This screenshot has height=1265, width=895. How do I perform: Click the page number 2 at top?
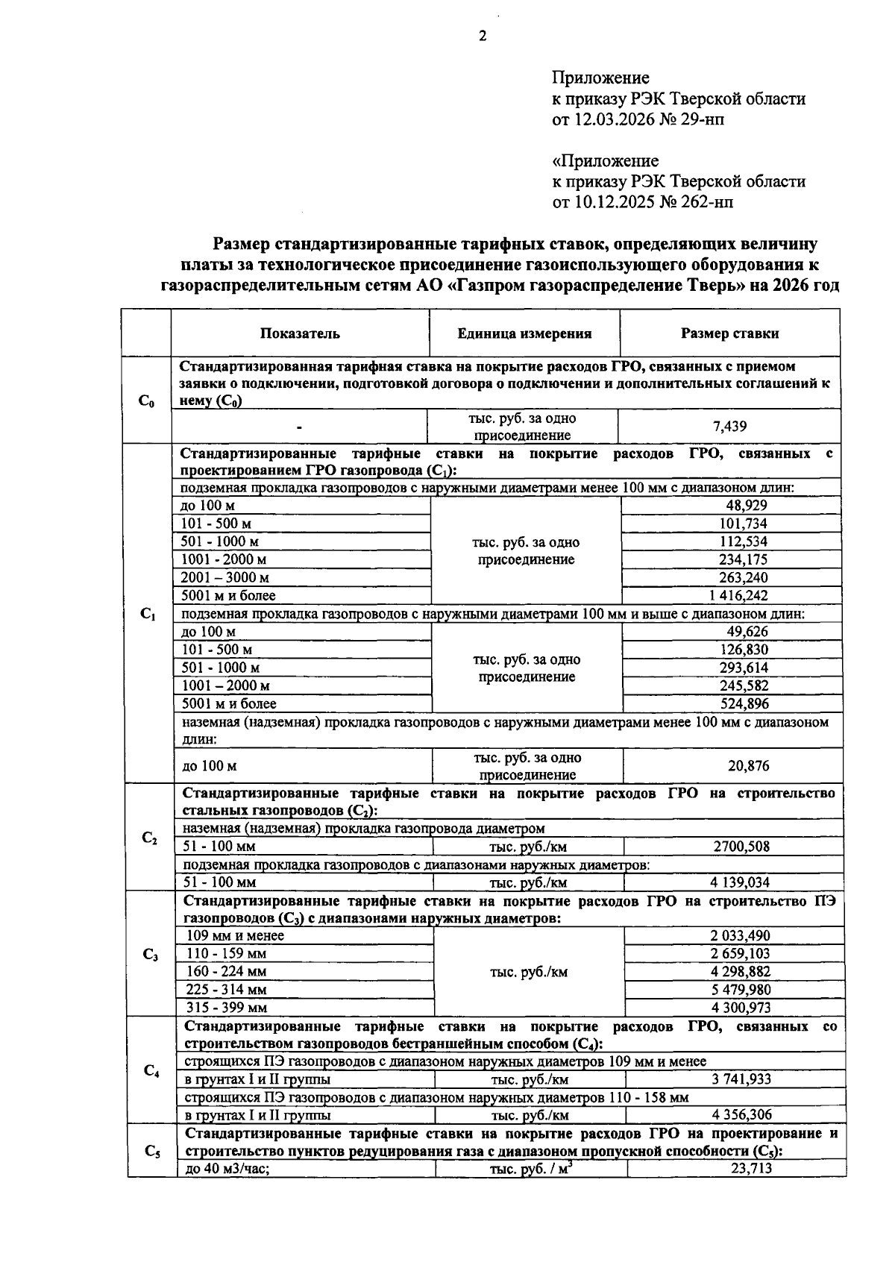pos(482,37)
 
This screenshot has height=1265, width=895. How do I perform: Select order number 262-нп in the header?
pos(706,202)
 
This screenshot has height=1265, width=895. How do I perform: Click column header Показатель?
pos(300,333)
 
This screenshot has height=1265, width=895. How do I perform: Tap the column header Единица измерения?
pos(524,333)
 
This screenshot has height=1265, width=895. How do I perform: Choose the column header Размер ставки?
pos(729,333)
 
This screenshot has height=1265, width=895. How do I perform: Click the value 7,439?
pos(729,427)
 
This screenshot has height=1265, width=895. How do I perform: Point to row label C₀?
pos(146,402)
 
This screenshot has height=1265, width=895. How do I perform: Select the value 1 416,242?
pos(729,595)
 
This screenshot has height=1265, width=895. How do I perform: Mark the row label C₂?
pos(149,838)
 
